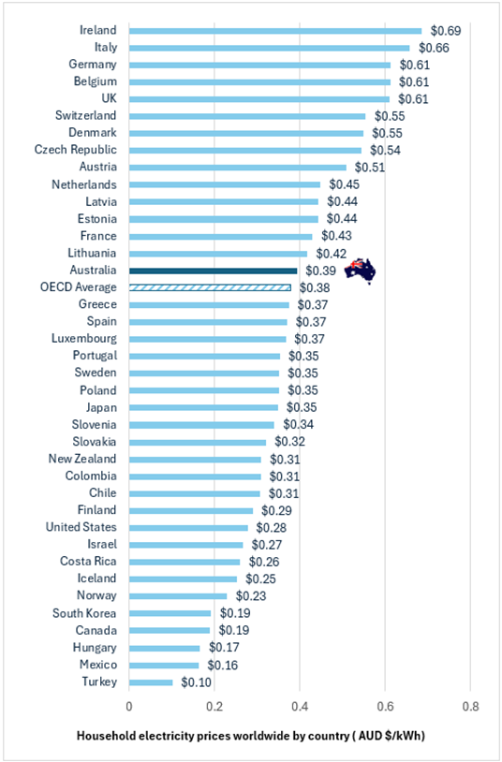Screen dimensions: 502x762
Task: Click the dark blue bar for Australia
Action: (213, 271)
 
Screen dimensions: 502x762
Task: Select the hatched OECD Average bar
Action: (210, 287)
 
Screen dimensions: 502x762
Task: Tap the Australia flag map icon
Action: (360, 271)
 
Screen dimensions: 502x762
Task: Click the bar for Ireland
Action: (275, 31)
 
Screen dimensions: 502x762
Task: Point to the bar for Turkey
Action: (151, 682)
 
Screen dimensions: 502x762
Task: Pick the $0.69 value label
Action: (446, 31)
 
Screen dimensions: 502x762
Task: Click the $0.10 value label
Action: (196, 682)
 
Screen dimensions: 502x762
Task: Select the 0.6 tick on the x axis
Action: (385, 706)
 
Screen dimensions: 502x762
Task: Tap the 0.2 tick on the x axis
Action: (214, 706)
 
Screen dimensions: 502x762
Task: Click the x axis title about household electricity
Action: (250, 736)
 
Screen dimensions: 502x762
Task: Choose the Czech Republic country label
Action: (76, 150)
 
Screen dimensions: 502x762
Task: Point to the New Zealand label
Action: (82, 459)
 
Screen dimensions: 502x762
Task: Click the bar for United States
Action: (189, 528)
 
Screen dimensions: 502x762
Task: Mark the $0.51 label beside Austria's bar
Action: (370, 168)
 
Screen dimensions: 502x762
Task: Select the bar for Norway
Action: (178, 596)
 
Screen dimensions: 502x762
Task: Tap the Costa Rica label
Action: (88, 562)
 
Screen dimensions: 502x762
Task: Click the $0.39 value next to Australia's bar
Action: (320, 271)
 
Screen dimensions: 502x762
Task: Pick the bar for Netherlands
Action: (225, 184)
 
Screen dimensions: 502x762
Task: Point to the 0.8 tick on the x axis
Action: (471, 706)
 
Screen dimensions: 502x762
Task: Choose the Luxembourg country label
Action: (84, 339)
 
